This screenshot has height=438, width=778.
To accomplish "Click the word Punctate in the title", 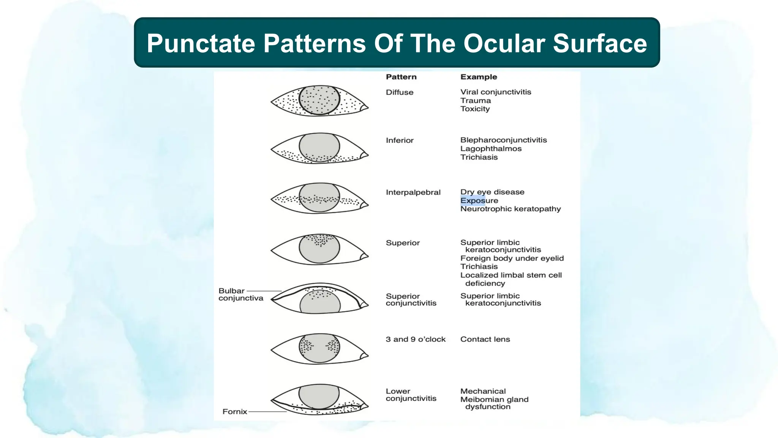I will [201, 43].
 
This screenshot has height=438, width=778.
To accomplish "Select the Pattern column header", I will [401, 77].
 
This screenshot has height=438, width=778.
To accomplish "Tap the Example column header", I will [479, 77].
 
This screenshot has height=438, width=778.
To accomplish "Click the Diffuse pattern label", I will [399, 92].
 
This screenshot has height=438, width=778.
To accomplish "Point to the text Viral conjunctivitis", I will [495, 92].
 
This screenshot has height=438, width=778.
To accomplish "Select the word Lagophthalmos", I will [491, 149].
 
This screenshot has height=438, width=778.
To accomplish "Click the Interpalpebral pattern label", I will [413, 192].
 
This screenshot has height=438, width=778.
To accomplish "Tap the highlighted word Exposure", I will [479, 200].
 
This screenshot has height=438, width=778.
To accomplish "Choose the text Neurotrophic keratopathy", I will [510, 209].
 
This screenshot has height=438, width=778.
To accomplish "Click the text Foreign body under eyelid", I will [512, 258].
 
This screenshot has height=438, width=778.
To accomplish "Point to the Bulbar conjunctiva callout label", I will [240, 294].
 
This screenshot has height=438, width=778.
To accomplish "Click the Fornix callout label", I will [234, 411].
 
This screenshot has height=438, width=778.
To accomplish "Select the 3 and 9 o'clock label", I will [415, 339].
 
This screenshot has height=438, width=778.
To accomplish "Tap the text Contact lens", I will [485, 339].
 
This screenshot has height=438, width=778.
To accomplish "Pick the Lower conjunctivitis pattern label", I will [411, 395].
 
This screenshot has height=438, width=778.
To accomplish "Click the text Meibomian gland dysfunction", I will [494, 403].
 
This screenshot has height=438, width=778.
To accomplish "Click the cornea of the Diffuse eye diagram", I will [319, 100].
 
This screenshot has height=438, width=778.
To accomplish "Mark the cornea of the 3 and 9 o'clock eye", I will [319, 348].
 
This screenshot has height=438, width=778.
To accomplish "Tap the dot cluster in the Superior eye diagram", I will [320, 240].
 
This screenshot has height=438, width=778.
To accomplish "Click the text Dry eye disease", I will [492, 192].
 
